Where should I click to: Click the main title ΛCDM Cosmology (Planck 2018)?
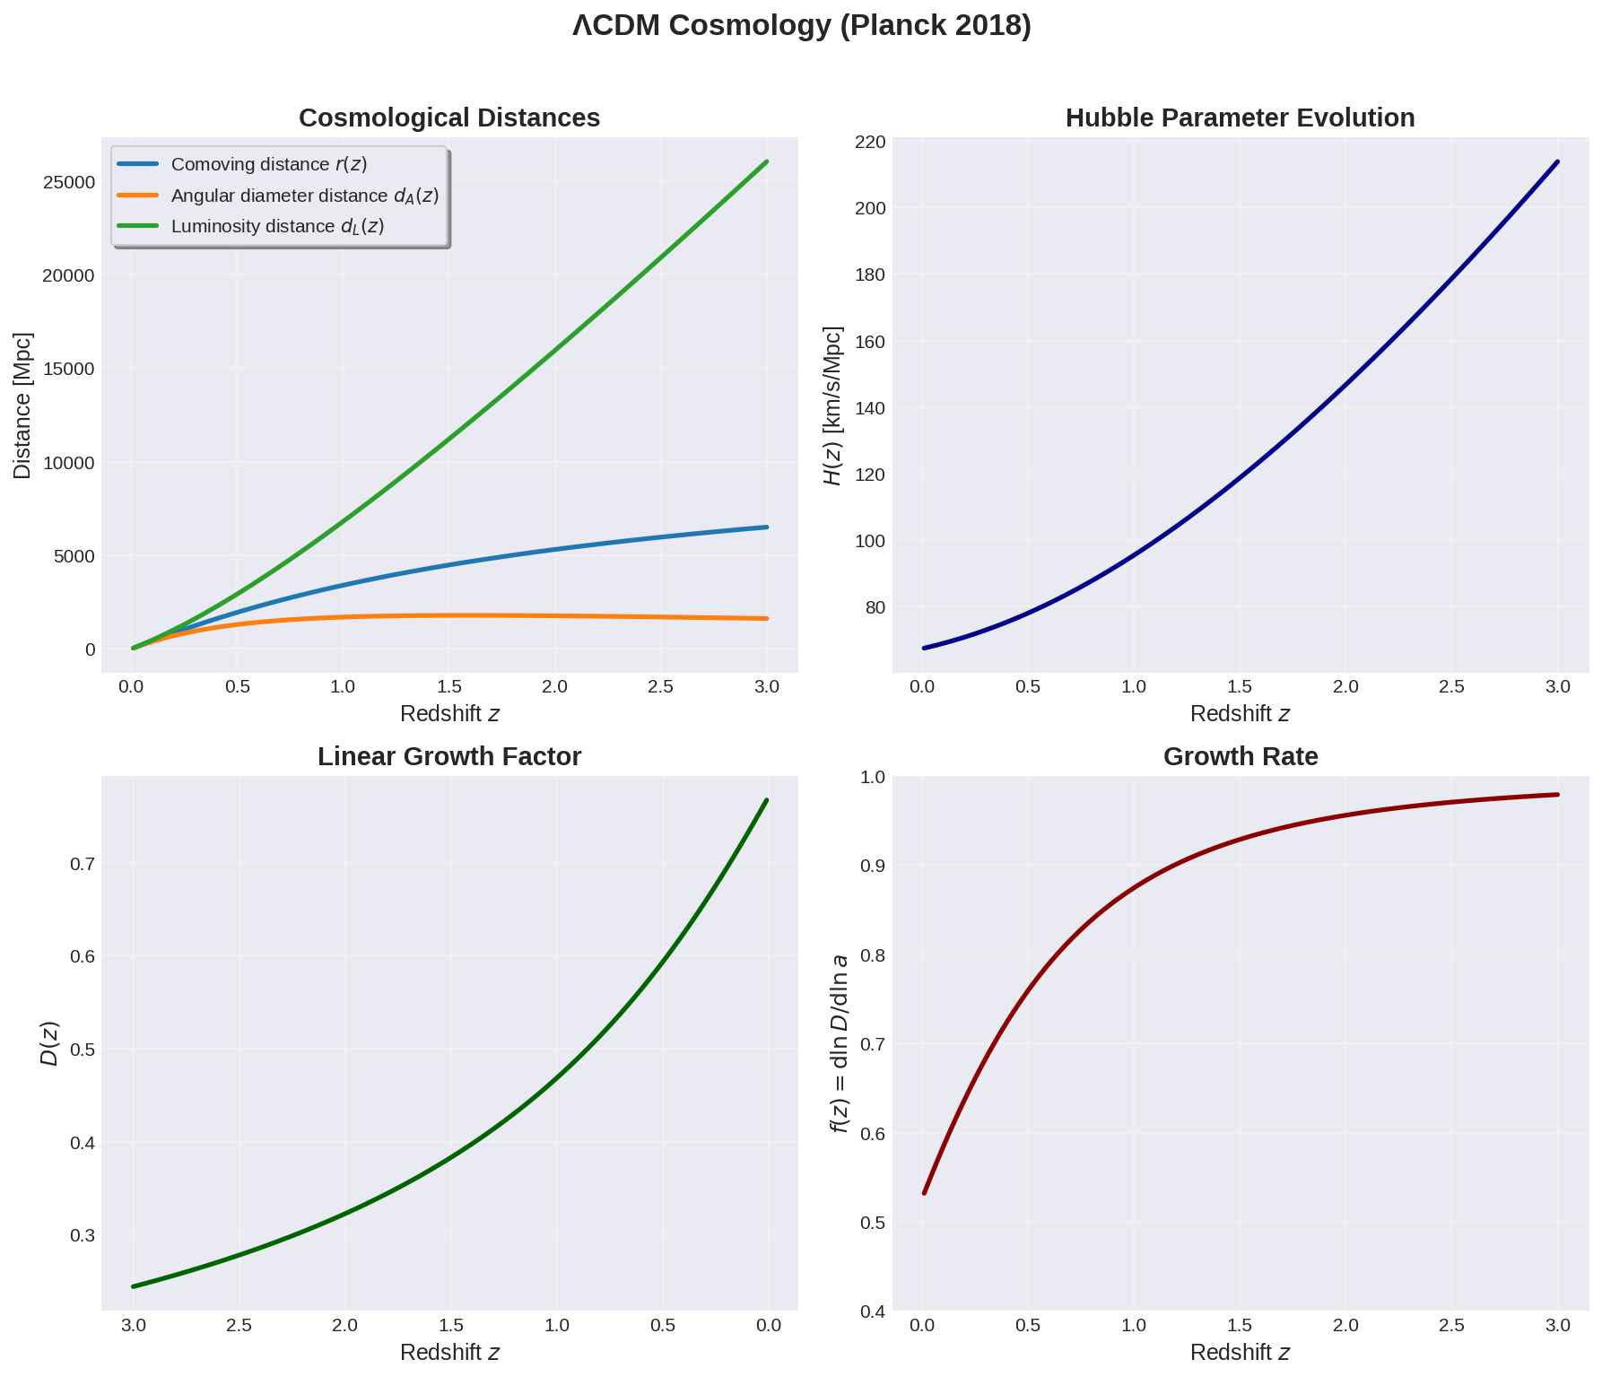point(801,26)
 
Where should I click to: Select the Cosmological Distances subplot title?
point(448,118)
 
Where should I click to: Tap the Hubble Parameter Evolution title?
point(1240,118)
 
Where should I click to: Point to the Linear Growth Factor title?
point(448,757)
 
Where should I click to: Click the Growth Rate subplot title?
point(1240,757)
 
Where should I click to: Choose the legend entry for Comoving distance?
point(269,165)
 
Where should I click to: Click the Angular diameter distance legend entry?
point(304,196)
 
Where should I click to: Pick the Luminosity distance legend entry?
point(277,226)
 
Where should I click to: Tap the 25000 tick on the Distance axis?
point(69,182)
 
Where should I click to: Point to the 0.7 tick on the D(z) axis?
point(83,865)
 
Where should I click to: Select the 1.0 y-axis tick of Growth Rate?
point(873,777)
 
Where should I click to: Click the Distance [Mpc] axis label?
point(23,405)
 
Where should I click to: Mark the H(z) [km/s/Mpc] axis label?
point(833,405)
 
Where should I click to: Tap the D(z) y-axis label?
point(50,1043)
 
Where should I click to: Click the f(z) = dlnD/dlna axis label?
point(840,1043)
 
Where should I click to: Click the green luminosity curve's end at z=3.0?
point(767,162)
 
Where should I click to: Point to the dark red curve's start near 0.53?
point(924,1192)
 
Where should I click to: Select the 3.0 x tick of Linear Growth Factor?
point(133,1326)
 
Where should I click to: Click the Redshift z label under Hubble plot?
point(1240,714)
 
